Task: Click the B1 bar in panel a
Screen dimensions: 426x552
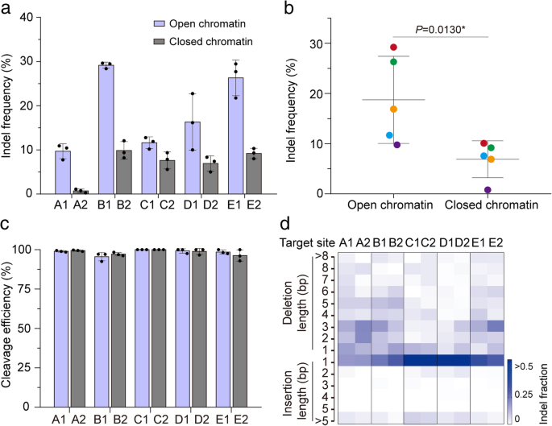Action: pos(106,129)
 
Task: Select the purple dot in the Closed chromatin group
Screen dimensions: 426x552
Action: pos(488,189)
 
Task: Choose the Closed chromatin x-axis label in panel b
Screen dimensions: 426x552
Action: pos(487,205)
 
